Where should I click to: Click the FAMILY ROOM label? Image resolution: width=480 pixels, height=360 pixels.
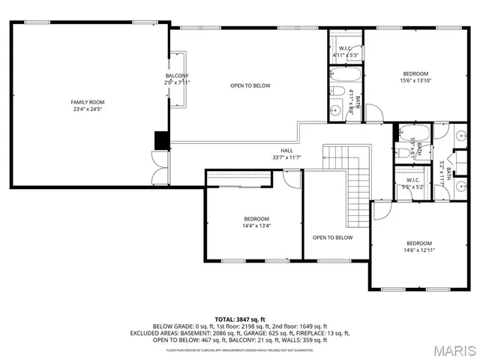pos(88,102)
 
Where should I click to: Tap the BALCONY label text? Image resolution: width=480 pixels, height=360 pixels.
pos(177,76)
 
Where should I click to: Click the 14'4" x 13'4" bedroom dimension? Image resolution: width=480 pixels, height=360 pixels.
pos(256,225)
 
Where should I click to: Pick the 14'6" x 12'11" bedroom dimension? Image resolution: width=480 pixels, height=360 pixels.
pos(419,250)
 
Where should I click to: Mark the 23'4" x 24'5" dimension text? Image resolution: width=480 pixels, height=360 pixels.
pos(88,109)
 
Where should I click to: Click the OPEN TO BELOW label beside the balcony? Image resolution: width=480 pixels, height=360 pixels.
pos(250,86)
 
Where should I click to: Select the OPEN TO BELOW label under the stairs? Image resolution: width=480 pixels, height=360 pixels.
pos(332,238)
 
